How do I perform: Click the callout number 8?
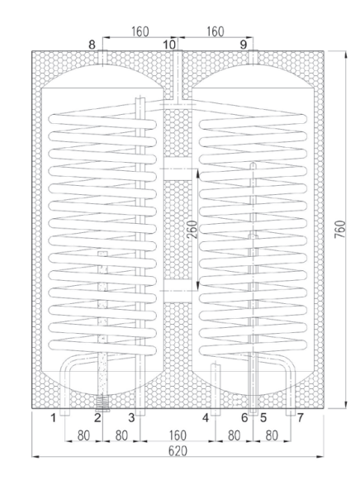[x=92, y=45]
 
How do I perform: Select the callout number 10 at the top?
[x=169, y=45]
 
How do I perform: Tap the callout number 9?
[x=244, y=45]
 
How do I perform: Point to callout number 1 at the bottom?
[x=53, y=418]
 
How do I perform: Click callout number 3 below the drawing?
[x=131, y=418]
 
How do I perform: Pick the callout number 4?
[x=206, y=418]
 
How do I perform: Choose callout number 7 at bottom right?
[x=300, y=418]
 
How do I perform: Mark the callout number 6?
[x=244, y=418]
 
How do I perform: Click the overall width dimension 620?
[x=178, y=451]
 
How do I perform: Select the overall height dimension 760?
[x=339, y=229]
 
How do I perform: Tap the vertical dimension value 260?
[x=192, y=229]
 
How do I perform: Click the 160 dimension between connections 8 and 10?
[x=140, y=31]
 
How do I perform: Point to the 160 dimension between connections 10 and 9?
[x=215, y=31]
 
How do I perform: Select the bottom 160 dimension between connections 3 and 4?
[x=178, y=435]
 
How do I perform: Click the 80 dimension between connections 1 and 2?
[x=83, y=435]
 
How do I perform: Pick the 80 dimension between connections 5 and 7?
[x=272, y=435]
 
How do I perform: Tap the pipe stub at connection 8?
[x=102, y=58]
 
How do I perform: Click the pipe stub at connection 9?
[x=253, y=58]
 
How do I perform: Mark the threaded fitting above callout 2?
[x=102, y=403]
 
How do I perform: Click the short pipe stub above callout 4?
[x=216, y=389]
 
